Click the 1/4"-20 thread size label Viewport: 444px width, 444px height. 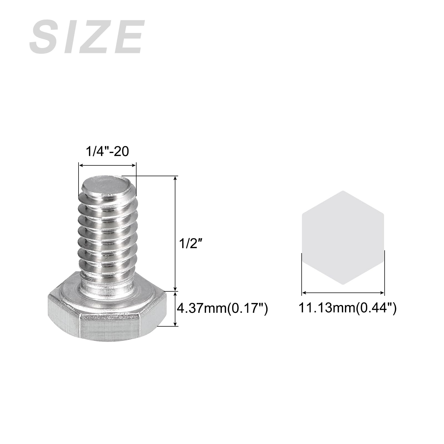point(107,152)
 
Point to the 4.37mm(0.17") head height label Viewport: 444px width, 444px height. point(222,309)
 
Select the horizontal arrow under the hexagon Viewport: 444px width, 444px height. point(343,292)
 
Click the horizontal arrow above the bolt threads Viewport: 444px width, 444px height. point(107,165)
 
